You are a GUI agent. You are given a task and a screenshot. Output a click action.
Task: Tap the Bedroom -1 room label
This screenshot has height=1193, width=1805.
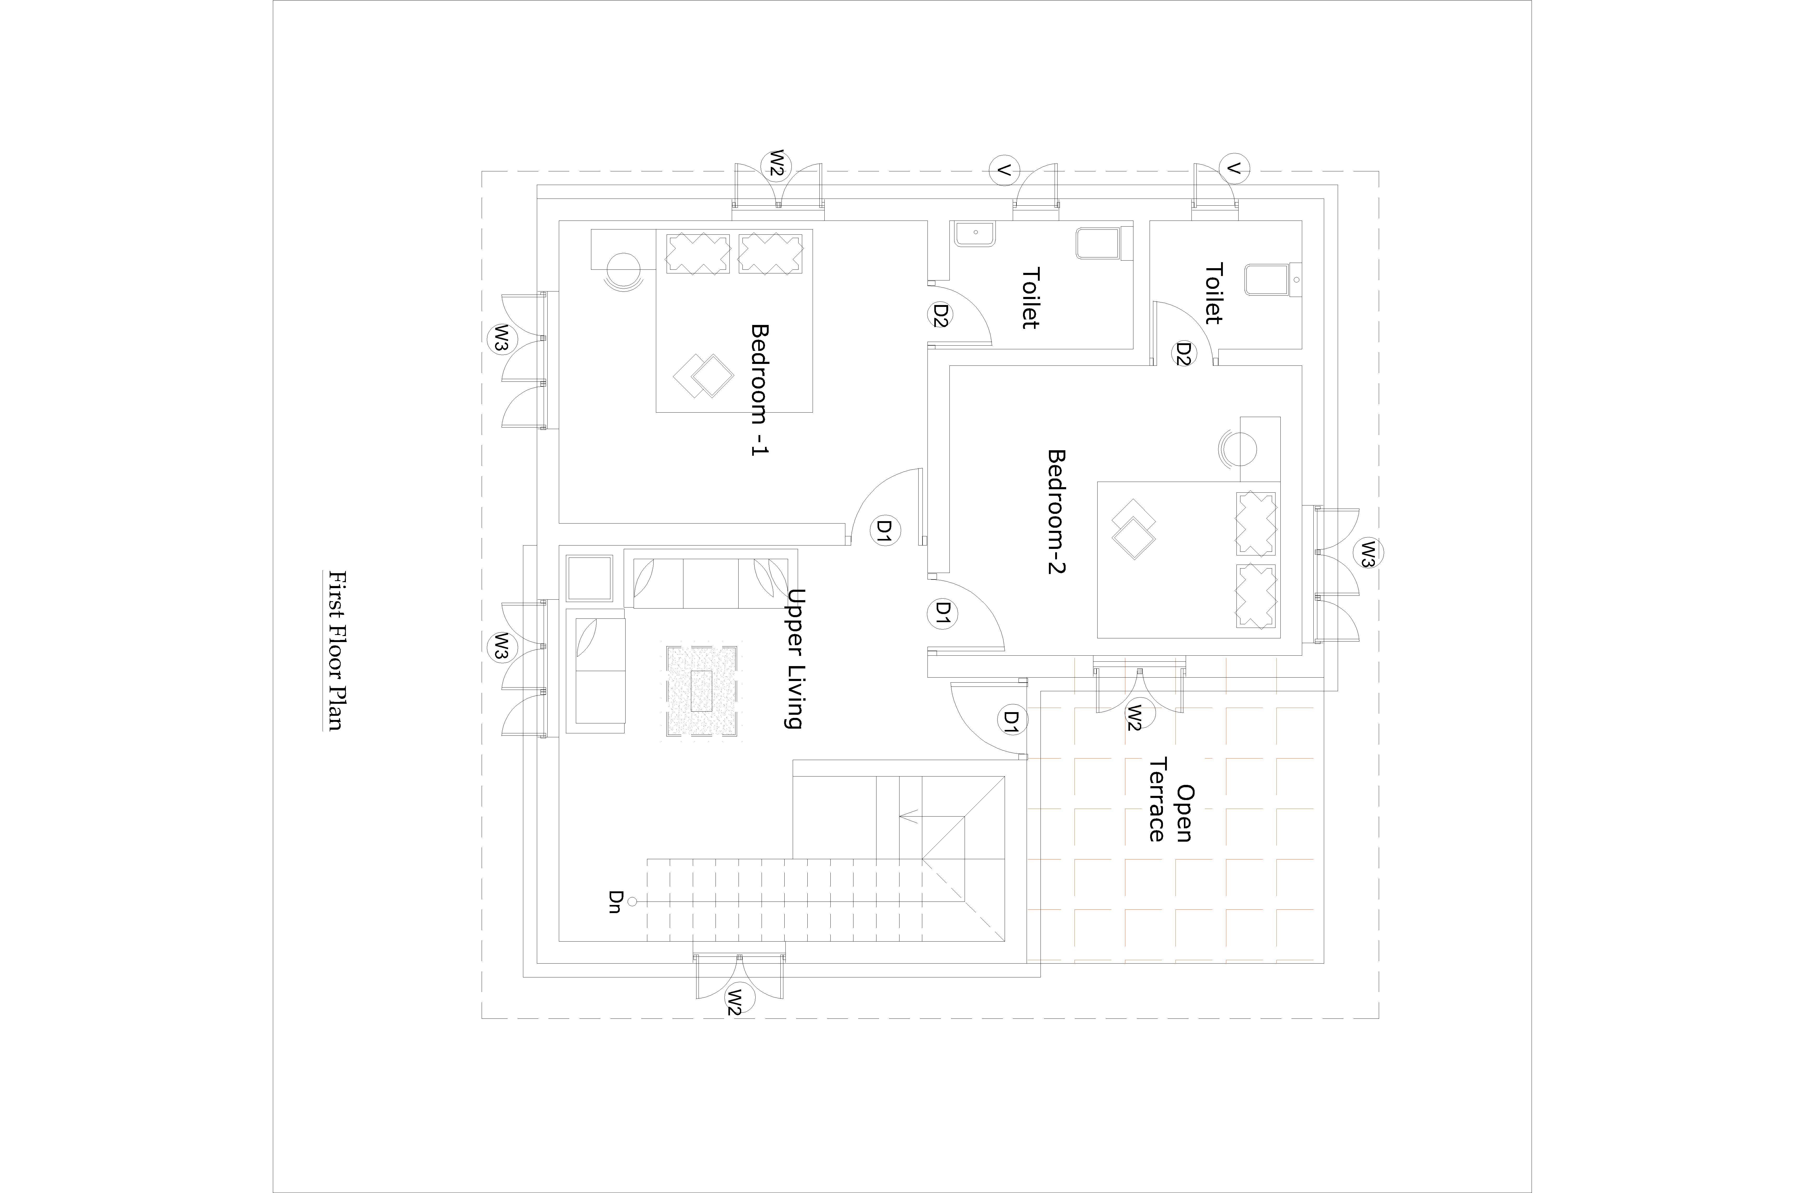pyautogui.click(x=759, y=390)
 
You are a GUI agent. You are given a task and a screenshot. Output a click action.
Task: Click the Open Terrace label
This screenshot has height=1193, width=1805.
pyautogui.click(x=1170, y=800)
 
